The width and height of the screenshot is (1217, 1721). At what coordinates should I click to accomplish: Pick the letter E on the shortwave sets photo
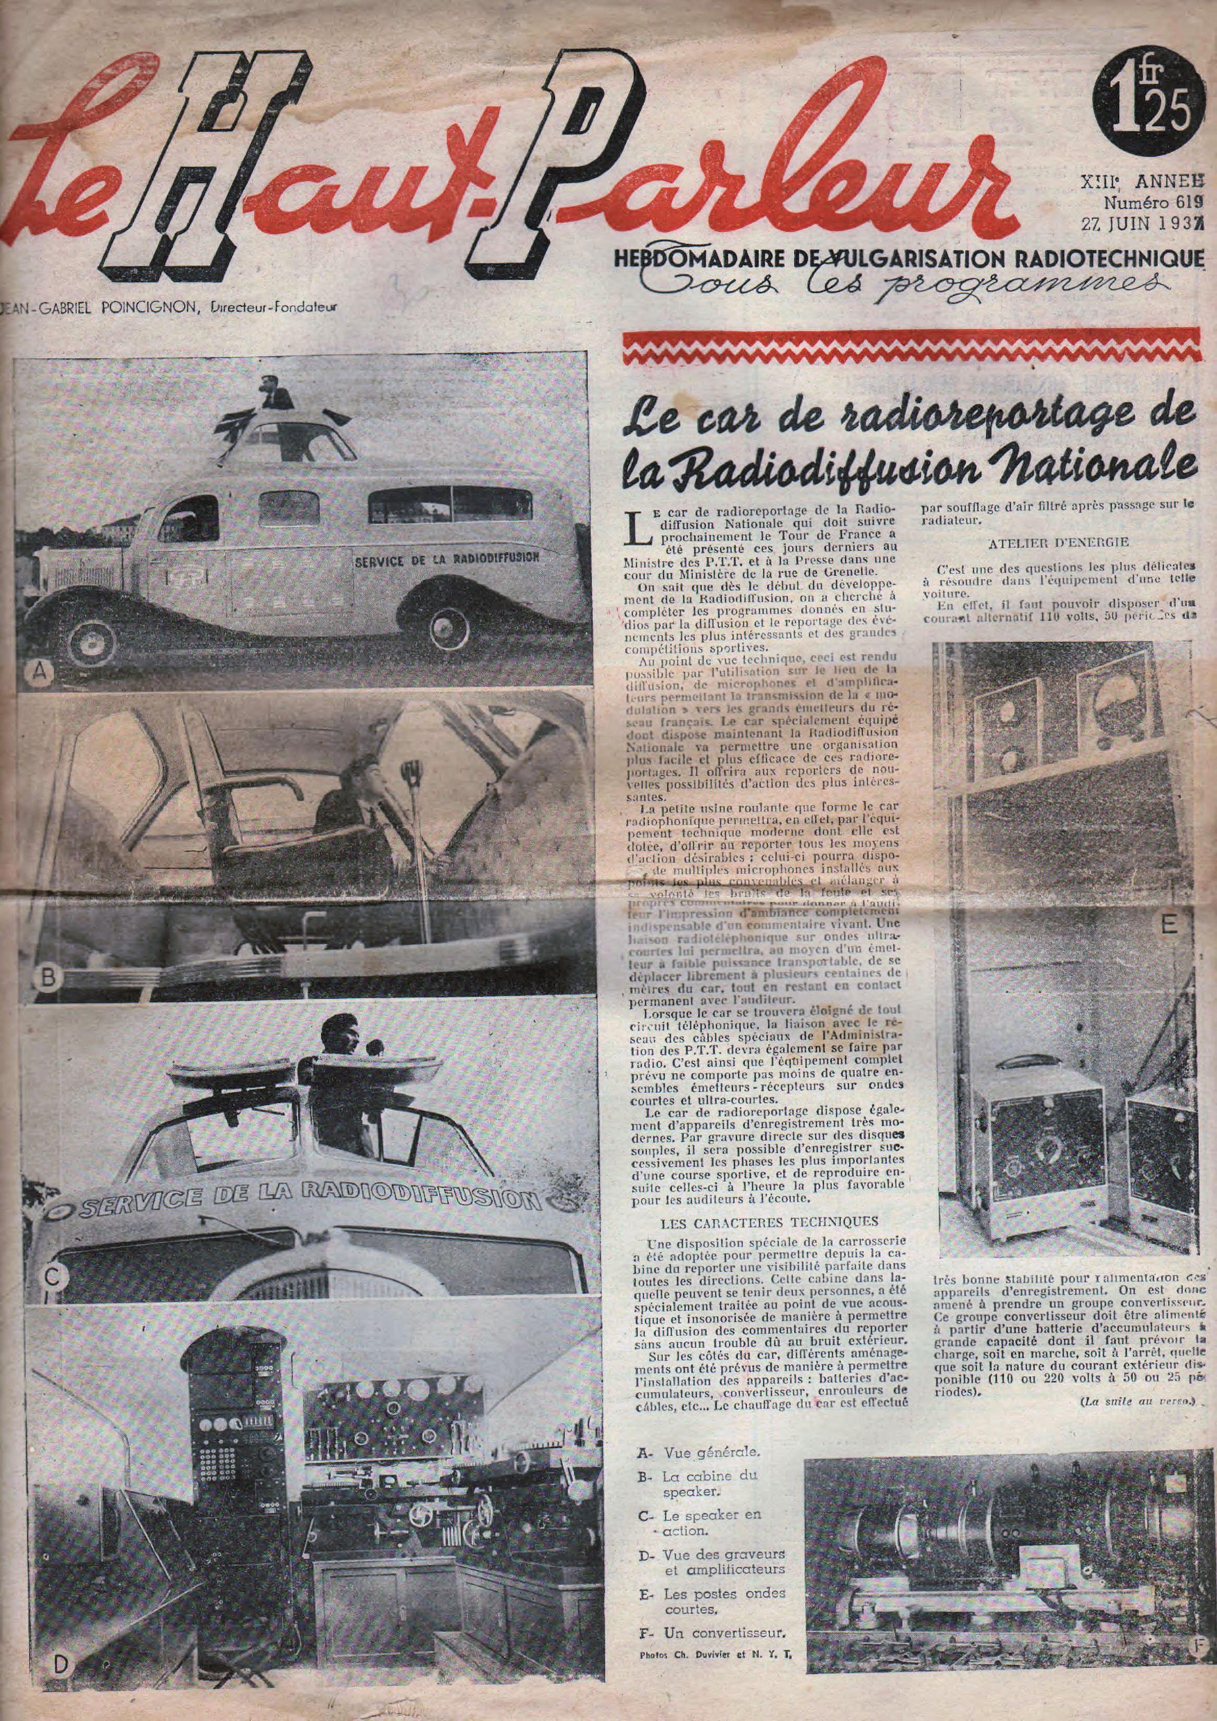point(1168,925)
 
